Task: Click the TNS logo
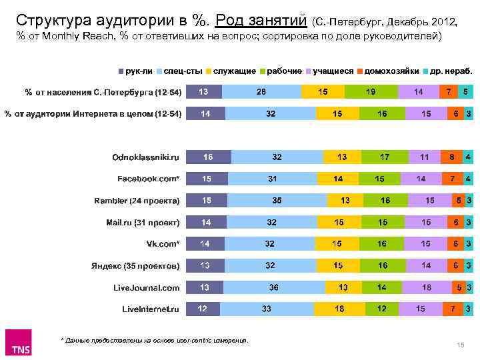[22, 343]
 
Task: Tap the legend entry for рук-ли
[136, 71]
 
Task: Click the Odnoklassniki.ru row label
[145, 157]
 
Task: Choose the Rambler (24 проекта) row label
[136, 201]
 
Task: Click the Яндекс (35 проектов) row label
[135, 266]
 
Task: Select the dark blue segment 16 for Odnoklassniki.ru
[208, 157]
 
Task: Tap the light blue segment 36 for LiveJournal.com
[273, 288]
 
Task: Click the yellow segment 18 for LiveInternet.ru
[339, 309]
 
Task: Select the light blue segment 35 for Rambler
[276, 201]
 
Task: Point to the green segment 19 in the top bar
[370, 91]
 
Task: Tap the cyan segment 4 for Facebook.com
[469, 179]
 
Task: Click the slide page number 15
[459, 344]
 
